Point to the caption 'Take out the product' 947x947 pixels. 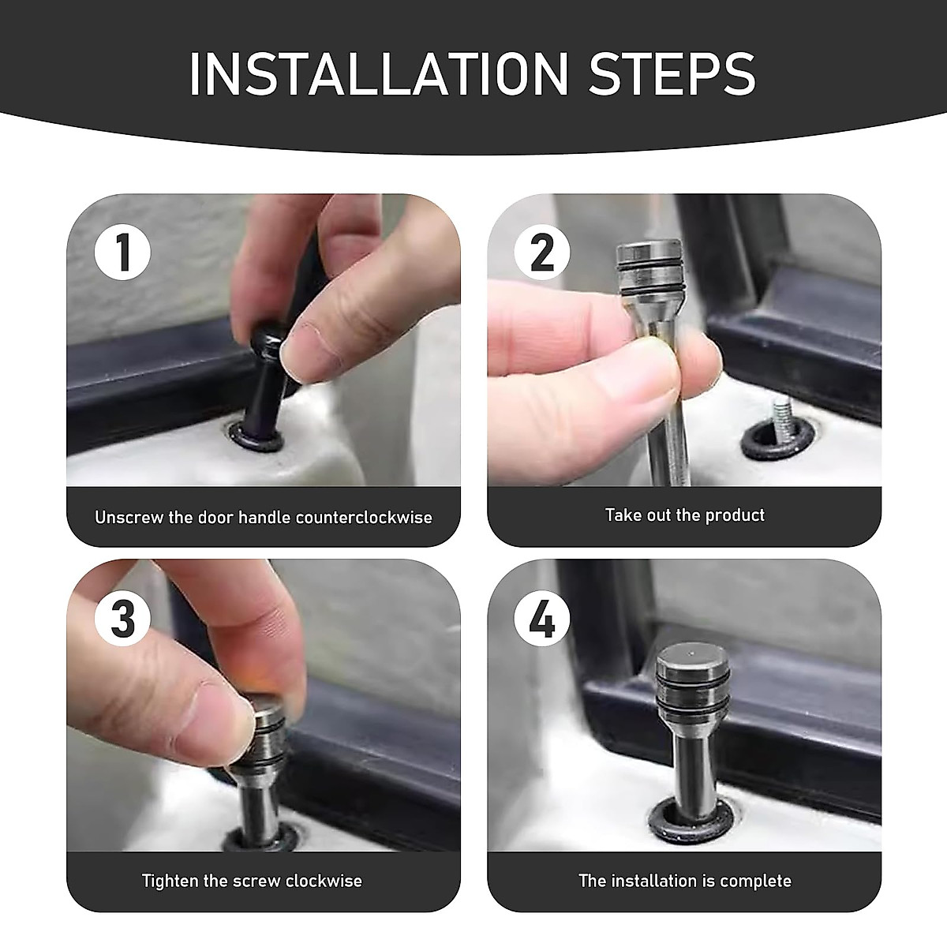[684, 515]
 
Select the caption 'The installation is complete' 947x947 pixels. [684, 881]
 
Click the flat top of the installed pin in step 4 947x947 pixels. [687, 659]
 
